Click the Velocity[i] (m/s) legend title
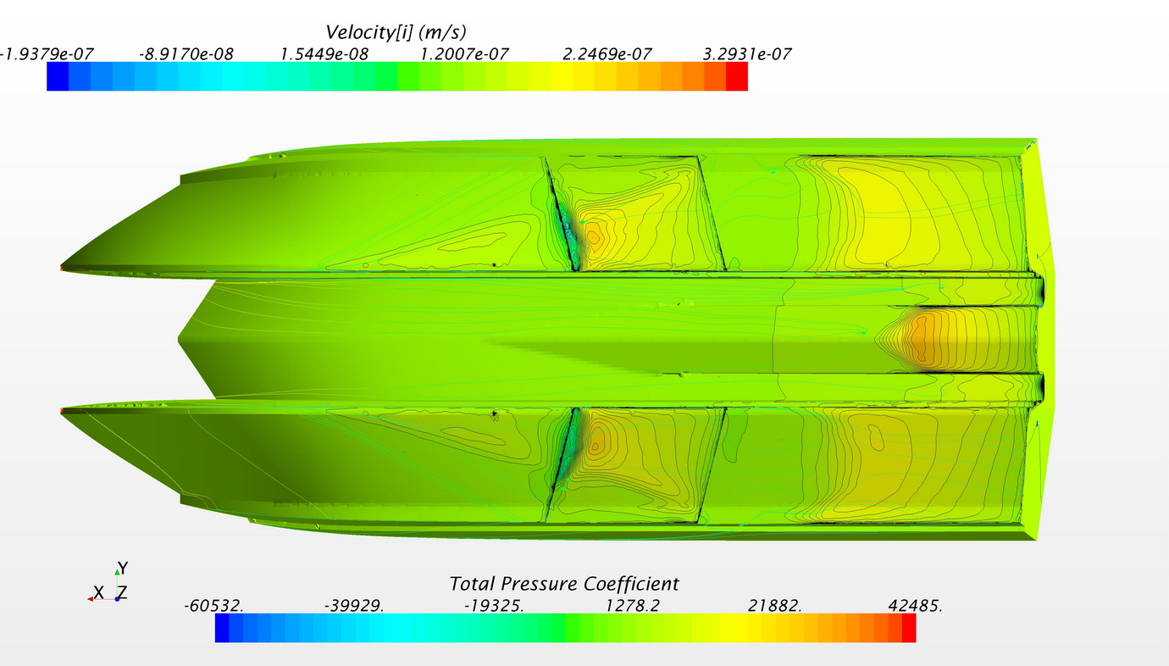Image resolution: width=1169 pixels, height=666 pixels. coord(396,32)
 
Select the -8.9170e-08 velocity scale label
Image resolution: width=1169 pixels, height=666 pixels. coord(186,54)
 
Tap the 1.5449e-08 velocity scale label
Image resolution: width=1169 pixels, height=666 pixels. coord(324,54)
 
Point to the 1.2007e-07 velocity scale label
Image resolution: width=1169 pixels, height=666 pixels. coord(464,54)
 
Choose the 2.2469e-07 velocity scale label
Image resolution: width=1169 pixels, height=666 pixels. coord(607,54)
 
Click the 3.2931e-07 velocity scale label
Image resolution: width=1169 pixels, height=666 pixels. coord(747,54)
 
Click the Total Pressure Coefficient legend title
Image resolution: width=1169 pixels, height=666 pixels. coord(563,584)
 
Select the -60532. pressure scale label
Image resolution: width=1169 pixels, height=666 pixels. coord(213,606)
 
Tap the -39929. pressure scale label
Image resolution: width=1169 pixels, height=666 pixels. coord(354,606)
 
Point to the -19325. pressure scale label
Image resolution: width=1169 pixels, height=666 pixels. coord(494,606)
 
